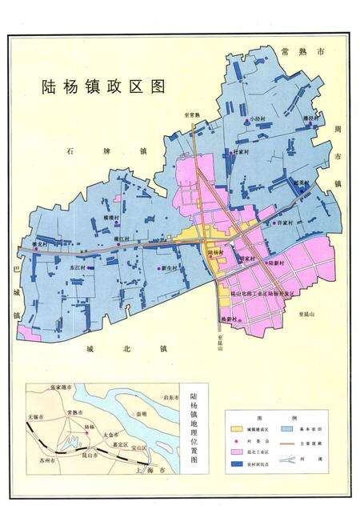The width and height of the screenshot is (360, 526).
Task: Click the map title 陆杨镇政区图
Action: point(102,88)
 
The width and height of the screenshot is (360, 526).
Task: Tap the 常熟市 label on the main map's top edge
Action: point(304,51)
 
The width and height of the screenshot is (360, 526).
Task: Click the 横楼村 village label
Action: point(110,218)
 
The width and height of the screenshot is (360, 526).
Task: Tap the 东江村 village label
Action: point(78,267)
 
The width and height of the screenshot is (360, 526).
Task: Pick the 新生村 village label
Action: point(175,268)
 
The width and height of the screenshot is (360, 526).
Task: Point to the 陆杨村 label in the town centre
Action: point(215,252)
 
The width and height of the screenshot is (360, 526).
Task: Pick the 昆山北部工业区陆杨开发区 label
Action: point(255,295)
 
